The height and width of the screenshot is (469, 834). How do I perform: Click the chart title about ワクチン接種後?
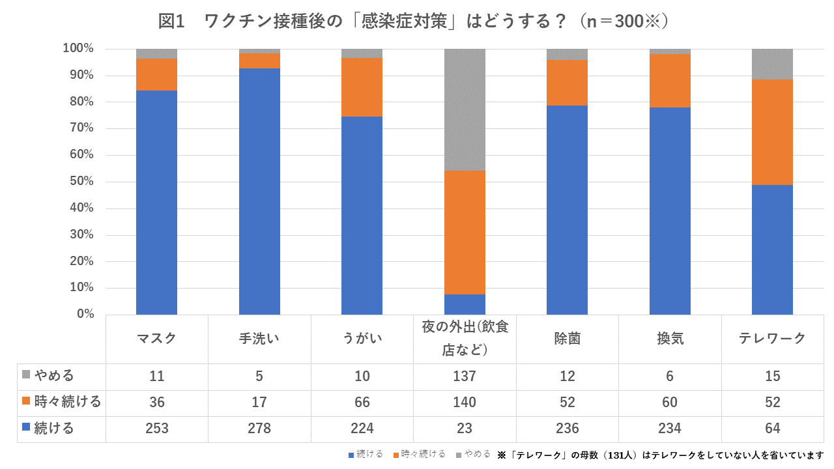(x=414, y=21)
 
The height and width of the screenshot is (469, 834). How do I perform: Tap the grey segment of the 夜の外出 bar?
(x=465, y=109)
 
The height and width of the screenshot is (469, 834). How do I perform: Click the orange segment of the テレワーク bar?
(x=772, y=132)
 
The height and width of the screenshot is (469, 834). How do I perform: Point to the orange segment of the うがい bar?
(x=362, y=87)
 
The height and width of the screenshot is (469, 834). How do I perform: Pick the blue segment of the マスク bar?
(x=156, y=203)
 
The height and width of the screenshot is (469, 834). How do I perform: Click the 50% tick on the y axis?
(x=79, y=182)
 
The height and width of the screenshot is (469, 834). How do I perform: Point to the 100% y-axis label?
(x=78, y=49)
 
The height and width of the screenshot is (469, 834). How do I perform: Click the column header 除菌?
(x=567, y=339)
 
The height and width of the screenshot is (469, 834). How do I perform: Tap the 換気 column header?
(x=670, y=339)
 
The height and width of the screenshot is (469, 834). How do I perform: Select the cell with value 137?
(x=465, y=377)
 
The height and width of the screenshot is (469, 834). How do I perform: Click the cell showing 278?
(x=259, y=429)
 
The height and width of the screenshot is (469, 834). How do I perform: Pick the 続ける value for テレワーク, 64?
(x=772, y=429)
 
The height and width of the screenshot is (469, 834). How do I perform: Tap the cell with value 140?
(x=465, y=403)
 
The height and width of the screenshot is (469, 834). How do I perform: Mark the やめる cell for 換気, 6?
(x=670, y=377)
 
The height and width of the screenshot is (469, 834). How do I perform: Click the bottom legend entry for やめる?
(x=474, y=454)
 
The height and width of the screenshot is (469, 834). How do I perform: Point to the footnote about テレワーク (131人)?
(x=661, y=455)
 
